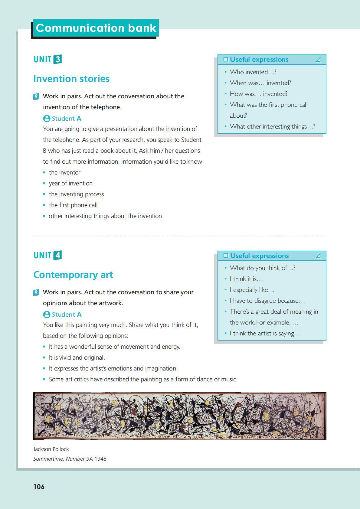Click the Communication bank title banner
point(96,28)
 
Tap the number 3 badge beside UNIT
point(57,59)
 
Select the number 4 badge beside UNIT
point(57,255)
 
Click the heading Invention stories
point(71,79)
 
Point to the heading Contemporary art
point(73,275)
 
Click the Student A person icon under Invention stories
point(47,119)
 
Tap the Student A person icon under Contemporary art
point(47,315)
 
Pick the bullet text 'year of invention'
point(71,183)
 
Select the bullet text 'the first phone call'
point(73,205)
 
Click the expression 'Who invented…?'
point(253,72)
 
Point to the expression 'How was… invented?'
point(258,94)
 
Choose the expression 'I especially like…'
point(252,290)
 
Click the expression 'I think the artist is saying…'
point(265,333)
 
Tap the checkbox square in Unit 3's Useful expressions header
point(226,60)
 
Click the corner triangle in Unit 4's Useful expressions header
point(318,256)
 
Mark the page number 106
point(39,487)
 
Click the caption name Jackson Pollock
point(51,449)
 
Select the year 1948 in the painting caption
point(100,459)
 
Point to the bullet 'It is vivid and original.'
point(77,357)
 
